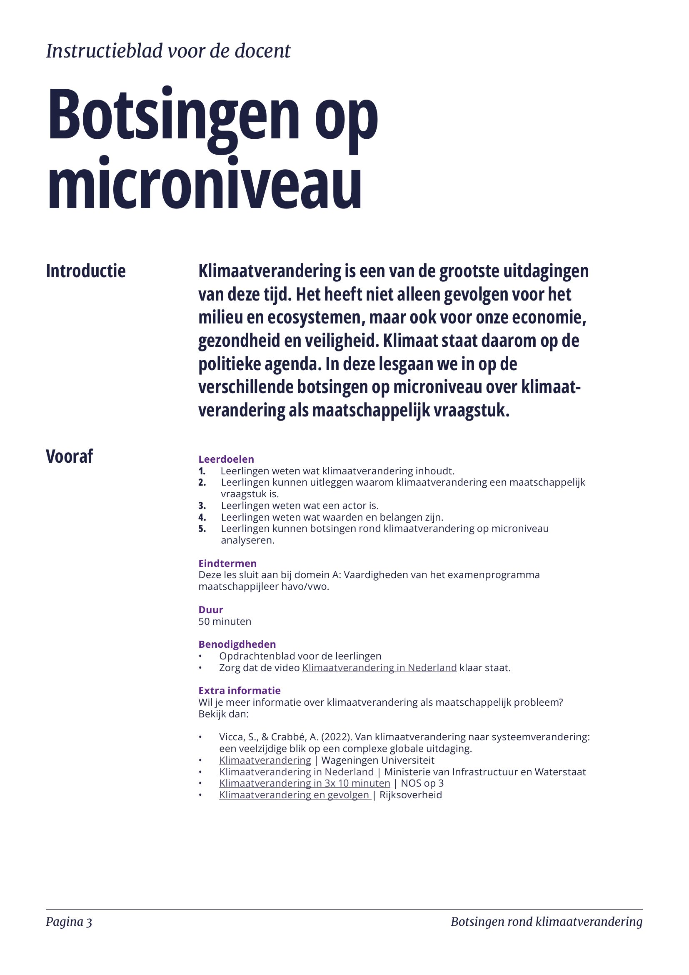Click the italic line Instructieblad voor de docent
168,51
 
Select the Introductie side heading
86,271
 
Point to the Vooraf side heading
69,456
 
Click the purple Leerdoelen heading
226,459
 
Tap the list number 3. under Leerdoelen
202,506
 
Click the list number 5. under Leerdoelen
202,529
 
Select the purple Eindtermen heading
227,564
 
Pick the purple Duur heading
210,610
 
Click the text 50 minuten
225,622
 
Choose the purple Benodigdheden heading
237,644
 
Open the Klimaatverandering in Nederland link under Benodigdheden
379,668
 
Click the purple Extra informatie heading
239,691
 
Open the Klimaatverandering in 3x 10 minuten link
304,784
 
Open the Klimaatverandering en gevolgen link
295,795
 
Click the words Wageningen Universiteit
377,760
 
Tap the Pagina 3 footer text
69,922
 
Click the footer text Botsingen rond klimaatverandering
547,922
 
